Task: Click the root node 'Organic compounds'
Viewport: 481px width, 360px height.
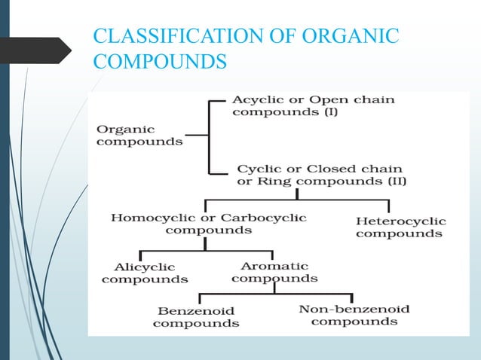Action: point(139,135)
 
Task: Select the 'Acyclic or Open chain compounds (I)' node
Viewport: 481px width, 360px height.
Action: point(312,105)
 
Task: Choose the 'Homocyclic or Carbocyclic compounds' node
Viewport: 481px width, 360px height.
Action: point(208,224)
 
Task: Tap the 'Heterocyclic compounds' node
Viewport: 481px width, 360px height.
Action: point(400,227)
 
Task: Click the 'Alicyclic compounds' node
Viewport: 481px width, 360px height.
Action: point(145,273)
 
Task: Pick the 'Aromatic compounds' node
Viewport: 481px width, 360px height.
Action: point(274,272)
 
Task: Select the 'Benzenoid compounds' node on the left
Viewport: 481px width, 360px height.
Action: point(196,316)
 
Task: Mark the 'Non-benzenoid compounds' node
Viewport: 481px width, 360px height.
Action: point(354,315)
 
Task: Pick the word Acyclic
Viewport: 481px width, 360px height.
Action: point(253,99)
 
